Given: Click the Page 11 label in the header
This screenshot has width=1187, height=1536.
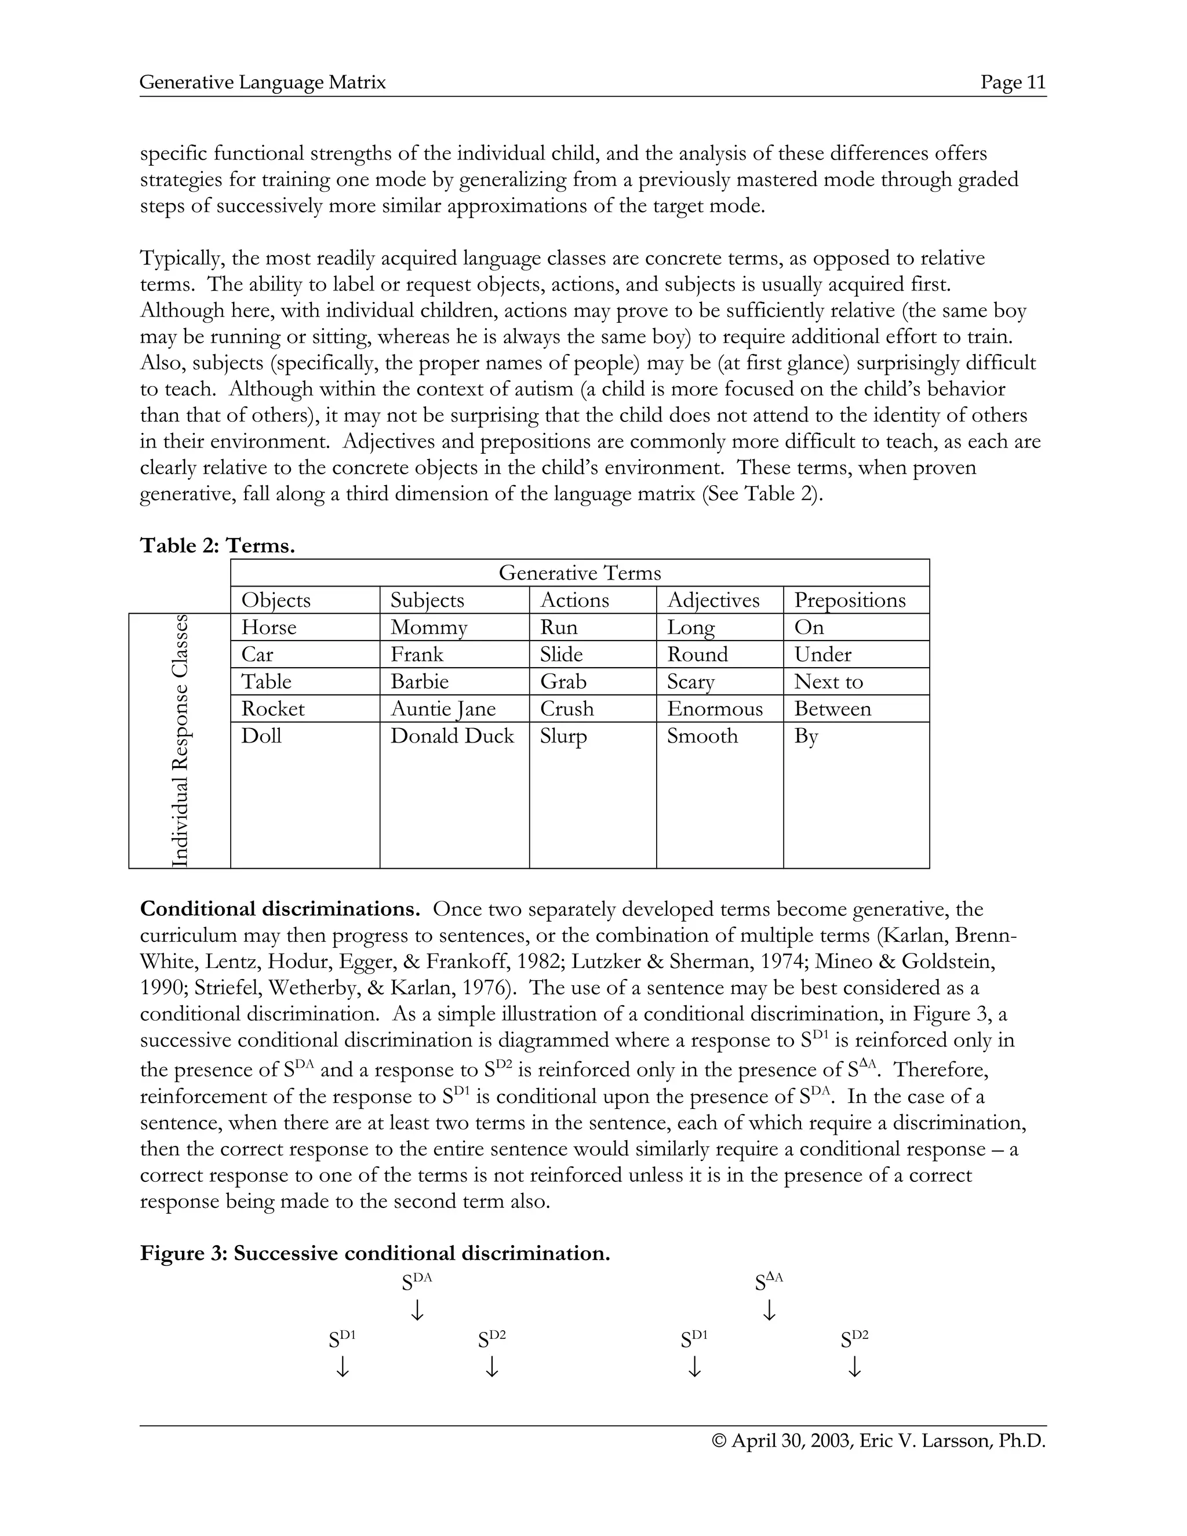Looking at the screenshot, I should coord(1013,83).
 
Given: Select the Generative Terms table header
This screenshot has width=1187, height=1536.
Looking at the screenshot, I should coord(580,573).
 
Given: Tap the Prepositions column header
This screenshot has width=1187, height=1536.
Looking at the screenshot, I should coord(850,600).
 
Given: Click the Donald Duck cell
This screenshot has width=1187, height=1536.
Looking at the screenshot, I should coord(452,736).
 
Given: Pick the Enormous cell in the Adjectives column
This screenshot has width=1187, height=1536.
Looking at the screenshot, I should coord(715,708).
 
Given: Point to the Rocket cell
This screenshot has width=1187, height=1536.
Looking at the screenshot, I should coord(273,708).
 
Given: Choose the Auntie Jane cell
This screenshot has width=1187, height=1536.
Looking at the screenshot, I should coord(443,708).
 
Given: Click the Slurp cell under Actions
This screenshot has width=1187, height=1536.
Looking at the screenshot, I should coord(563,736).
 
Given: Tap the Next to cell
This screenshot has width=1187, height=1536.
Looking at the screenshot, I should coord(828,682).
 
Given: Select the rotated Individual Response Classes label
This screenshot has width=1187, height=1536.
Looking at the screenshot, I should coord(180,741).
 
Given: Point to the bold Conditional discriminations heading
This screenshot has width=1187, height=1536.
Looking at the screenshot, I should coord(280,909).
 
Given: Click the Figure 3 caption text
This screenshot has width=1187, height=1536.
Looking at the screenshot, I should coord(375,1253).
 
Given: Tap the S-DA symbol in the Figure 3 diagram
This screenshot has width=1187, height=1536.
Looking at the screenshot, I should coord(416,1282).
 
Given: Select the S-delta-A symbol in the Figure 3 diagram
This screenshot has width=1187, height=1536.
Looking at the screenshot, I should coord(769,1282).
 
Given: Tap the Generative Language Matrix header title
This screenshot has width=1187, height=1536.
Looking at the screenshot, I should coord(263,83).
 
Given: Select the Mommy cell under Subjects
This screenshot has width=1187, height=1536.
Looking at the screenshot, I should coord(428,627).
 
